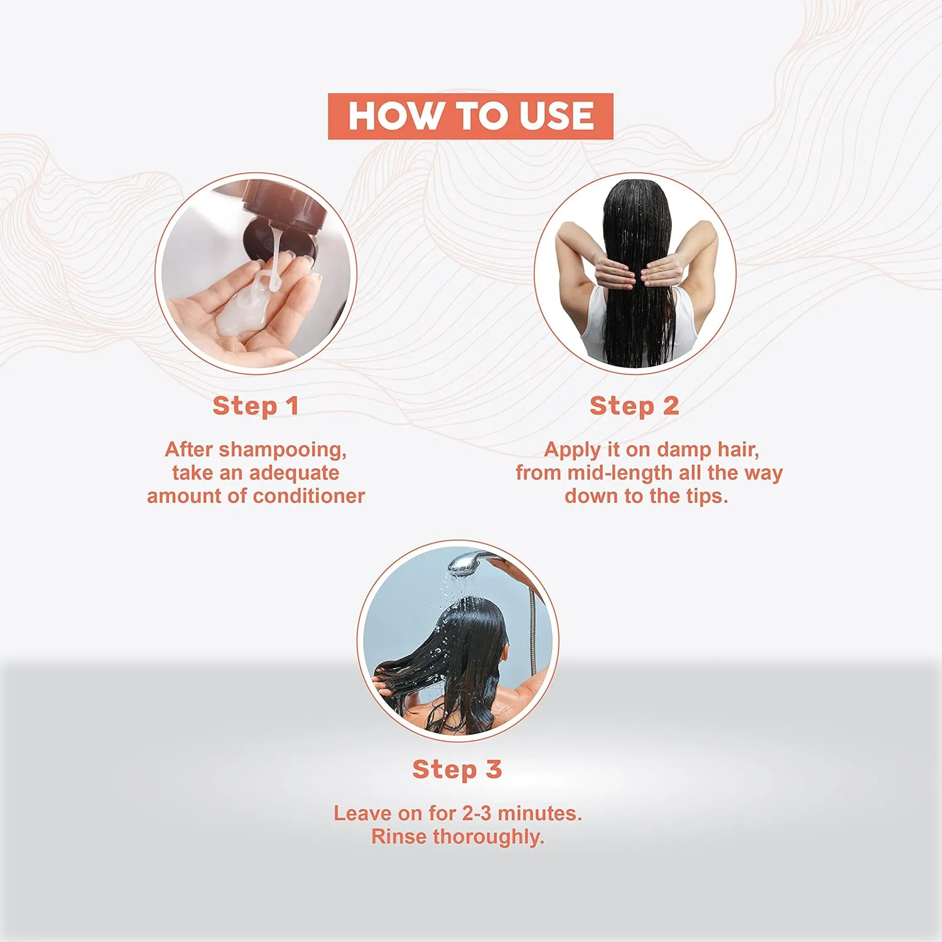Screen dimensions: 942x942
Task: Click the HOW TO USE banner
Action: pyautogui.click(x=470, y=116)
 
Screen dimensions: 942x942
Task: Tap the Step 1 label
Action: pyautogui.click(x=256, y=406)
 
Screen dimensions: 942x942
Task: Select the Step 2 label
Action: pyautogui.click(x=634, y=406)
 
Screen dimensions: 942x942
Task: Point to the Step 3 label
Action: pyautogui.click(x=457, y=769)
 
